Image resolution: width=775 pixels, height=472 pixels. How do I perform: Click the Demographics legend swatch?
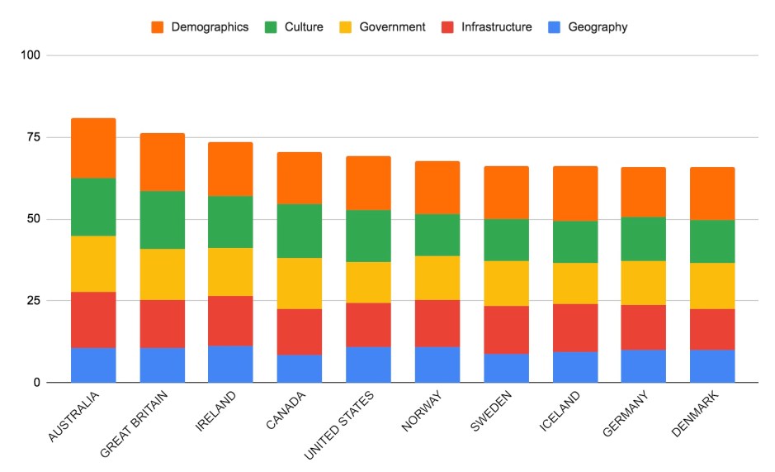157,27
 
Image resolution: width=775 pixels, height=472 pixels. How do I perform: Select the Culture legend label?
303,27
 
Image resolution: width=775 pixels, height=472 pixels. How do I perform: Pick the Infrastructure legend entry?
496,27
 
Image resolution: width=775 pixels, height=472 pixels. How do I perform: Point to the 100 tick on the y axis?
33,55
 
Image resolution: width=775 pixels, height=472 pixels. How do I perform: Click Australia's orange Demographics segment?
93,148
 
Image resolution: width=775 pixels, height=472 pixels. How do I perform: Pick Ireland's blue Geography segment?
230,364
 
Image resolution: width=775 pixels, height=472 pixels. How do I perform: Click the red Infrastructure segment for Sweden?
506,330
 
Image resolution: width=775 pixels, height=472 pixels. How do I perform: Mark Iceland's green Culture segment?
574,241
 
